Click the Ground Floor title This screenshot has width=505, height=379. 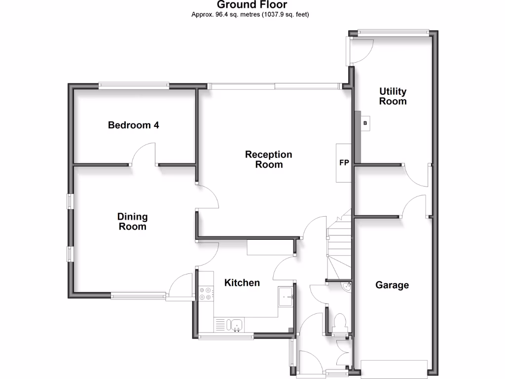point(252,5)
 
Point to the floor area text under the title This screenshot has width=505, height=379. point(250,14)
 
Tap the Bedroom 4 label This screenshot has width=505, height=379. point(133,125)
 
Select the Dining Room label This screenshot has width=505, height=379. point(132,222)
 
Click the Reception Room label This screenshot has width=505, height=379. point(269,159)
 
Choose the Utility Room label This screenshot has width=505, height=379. point(393,96)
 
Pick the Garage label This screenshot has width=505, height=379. point(392,285)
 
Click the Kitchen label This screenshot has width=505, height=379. point(242,283)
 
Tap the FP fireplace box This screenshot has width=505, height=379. point(344,163)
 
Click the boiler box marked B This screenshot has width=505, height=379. point(365,123)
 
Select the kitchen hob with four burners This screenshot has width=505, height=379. point(206,294)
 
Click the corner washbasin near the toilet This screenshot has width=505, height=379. point(347,287)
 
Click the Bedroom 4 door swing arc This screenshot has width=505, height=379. point(144,153)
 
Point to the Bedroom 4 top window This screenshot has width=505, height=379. point(134,85)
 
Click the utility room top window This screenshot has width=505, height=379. point(393,33)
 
